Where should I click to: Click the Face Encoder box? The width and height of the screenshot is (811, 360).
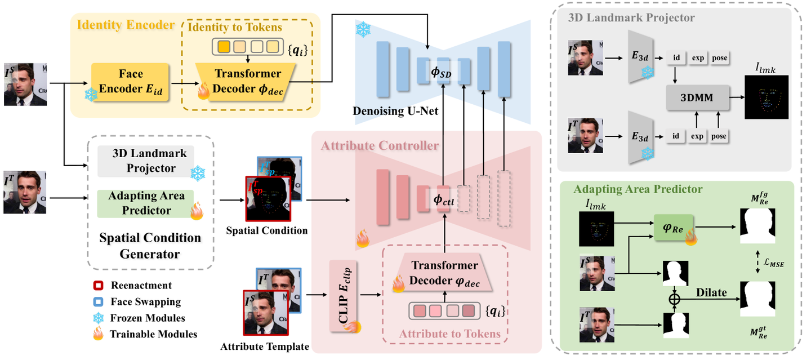[x=131, y=82]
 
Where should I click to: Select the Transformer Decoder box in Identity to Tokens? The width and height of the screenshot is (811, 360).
[x=247, y=82]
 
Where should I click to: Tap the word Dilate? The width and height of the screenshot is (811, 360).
[x=711, y=293]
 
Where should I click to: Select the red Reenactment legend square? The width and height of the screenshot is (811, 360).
[x=99, y=286]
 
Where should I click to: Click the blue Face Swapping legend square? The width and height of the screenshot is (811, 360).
[x=99, y=301]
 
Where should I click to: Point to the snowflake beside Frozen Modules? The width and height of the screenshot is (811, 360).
[x=99, y=318]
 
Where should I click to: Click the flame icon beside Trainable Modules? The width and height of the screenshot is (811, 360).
[x=99, y=334]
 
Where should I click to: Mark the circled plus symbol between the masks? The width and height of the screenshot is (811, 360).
[x=674, y=300]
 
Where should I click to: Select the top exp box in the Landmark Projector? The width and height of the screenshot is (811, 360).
[x=698, y=58]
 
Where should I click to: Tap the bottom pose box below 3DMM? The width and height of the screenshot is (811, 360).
[x=719, y=136]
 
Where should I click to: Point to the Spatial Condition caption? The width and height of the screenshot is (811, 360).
[x=266, y=230]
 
